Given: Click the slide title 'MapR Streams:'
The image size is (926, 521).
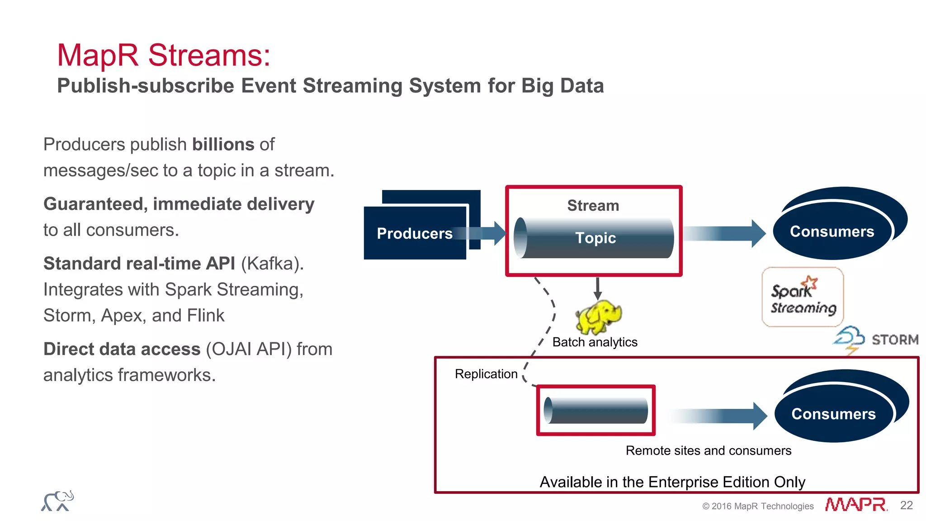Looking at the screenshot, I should [163, 55].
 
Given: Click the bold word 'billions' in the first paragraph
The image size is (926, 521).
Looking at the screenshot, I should [223, 144].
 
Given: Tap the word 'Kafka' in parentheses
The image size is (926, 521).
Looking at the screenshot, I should [272, 263].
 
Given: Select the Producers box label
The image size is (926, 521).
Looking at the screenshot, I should [415, 233].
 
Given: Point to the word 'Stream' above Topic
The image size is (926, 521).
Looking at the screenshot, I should [593, 205].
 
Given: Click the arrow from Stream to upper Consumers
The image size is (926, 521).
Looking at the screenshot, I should [723, 233].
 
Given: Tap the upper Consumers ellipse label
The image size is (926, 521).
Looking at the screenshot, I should [832, 232].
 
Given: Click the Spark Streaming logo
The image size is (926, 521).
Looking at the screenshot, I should [803, 297].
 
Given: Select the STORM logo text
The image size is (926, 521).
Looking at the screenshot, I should [894, 340].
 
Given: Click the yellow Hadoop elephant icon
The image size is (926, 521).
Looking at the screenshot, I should [598, 317].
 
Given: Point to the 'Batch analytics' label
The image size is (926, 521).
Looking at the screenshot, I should [595, 342].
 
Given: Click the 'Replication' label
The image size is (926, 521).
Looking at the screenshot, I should [486, 374].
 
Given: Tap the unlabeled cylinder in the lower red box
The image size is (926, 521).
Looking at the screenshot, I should [595, 411].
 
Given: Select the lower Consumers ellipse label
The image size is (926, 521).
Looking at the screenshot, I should [833, 414].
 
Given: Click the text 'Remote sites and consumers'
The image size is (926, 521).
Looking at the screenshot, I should [708, 450].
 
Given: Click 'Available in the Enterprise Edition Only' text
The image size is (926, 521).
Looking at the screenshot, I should [672, 482].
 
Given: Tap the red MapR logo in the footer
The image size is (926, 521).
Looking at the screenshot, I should [855, 505].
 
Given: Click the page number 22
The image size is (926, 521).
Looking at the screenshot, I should [906, 505].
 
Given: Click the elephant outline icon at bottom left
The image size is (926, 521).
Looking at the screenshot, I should [57, 501].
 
